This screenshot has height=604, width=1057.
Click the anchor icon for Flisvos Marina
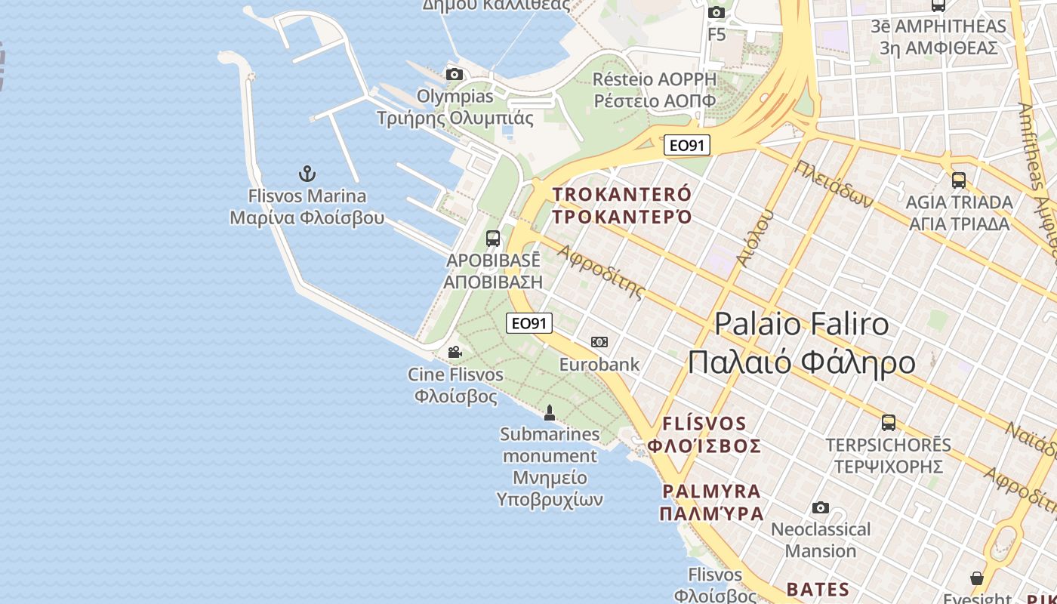(307, 174)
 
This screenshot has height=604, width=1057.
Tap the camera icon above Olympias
(454, 74)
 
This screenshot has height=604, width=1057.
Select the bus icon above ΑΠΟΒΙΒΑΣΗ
(493, 239)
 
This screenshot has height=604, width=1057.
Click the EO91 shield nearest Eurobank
(528, 323)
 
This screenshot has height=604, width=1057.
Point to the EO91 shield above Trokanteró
(687, 145)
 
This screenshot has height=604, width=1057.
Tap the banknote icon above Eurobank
(599, 342)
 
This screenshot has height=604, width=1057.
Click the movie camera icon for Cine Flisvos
(455, 353)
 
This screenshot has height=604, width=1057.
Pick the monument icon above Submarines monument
(550, 412)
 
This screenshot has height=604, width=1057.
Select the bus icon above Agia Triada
(958, 180)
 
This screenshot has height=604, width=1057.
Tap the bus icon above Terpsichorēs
(889, 422)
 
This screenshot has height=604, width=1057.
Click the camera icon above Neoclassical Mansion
(821, 507)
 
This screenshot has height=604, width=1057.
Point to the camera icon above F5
(716, 12)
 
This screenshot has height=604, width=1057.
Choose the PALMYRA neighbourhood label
(711, 502)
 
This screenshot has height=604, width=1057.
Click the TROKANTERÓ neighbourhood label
(622, 205)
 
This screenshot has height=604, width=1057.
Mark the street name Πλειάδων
(834, 184)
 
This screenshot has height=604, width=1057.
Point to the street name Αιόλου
(755, 237)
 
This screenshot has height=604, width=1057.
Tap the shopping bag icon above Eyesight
(977, 578)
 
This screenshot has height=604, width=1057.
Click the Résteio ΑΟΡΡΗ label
(655, 90)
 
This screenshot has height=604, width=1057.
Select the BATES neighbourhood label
(818, 589)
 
